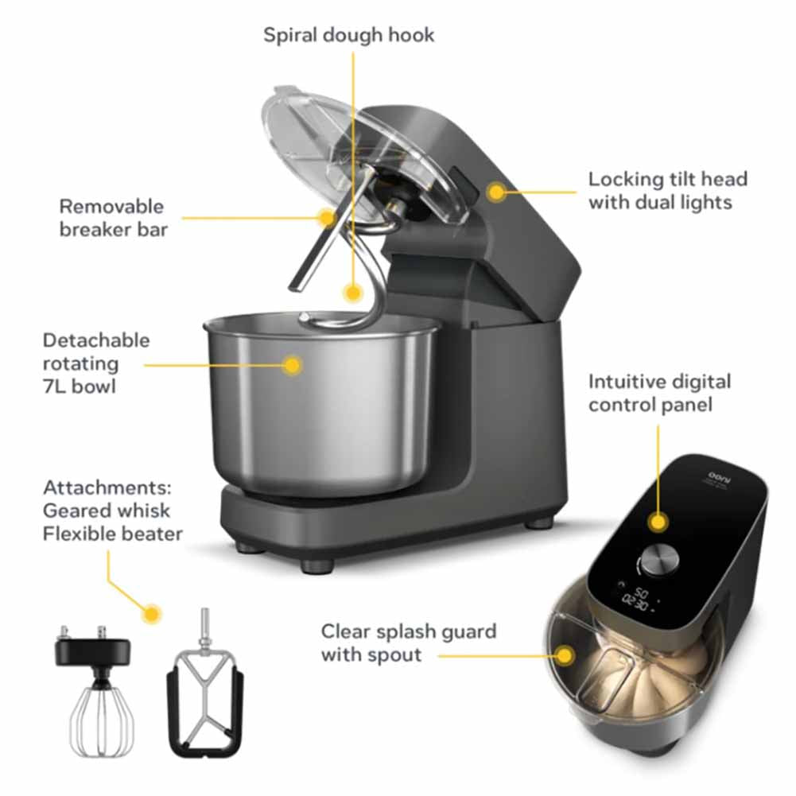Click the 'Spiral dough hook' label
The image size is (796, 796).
349,36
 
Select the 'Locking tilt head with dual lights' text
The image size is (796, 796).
667,191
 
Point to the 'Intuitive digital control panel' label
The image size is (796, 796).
659,393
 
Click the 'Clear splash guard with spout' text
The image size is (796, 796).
408,643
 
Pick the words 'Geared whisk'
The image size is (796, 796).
107,511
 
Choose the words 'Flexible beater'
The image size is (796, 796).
112,533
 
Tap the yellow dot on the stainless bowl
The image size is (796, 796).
293,365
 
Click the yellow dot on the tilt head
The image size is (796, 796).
496,192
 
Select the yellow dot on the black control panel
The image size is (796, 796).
658,522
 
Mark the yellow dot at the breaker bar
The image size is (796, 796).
326,216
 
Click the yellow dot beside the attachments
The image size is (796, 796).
152,613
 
